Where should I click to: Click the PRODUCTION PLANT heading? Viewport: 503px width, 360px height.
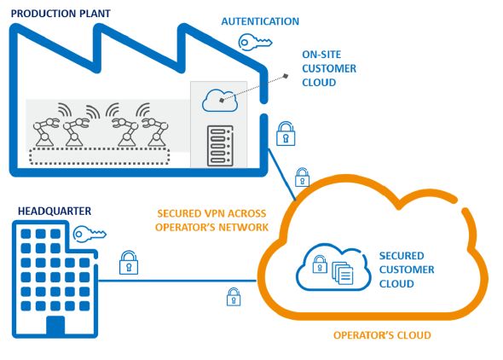pyautogui.click(x=61, y=14)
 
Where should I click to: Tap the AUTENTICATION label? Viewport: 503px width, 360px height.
pyautogui.click(x=260, y=21)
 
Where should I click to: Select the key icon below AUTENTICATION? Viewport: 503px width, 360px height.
pyautogui.click(x=255, y=43)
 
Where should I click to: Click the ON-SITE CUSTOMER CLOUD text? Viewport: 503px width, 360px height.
pyautogui.click(x=329, y=68)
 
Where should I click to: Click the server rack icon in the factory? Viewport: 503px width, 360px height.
pyautogui.click(x=220, y=146)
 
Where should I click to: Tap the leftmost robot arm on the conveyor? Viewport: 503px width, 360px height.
pyautogui.click(x=46, y=132)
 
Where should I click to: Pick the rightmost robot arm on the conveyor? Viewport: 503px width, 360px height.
pyautogui.click(x=155, y=132)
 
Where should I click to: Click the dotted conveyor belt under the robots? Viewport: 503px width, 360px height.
pyautogui.click(x=100, y=156)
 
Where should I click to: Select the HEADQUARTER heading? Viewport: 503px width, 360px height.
pyautogui.click(x=55, y=211)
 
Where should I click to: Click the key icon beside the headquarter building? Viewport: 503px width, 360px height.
pyautogui.click(x=90, y=234)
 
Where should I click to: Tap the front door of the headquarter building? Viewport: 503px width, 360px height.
pyautogui.click(x=55, y=325)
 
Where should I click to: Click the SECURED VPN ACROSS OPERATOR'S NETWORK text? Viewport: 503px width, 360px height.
pyautogui.click(x=211, y=220)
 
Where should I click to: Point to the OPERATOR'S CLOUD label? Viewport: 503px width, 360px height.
pyautogui.click(x=382, y=335)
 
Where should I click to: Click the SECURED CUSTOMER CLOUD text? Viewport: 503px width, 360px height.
pyautogui.click(x=407, y=270)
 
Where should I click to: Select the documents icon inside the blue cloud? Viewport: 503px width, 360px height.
pyautogui.click(x=343, y=273)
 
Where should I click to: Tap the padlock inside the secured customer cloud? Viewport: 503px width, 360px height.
pyautogui.click(x=320, y=264)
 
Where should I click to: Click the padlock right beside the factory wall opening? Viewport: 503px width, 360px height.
pyautogui.click(x=286, y=134)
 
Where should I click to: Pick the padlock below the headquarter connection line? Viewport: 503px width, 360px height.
pyautogui.click(x=234, y=297)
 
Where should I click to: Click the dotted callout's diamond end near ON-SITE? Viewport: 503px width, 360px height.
pyautogui.click(x=286, y=76)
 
